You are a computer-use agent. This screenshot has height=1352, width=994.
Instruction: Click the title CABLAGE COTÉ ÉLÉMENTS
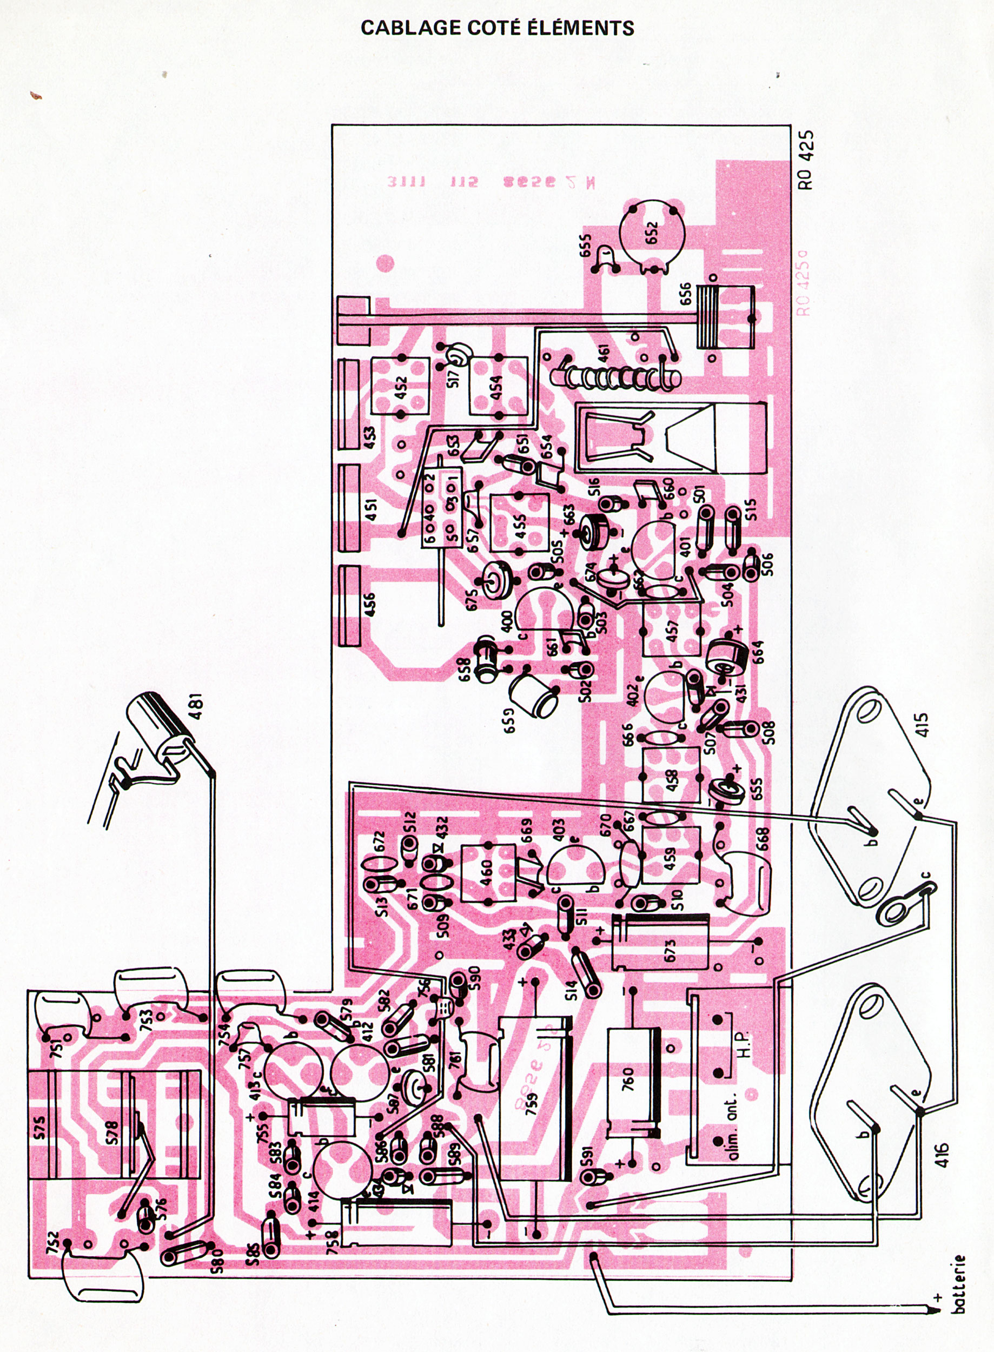[497, 28]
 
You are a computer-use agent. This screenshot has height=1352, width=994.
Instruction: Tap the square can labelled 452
[400, 385]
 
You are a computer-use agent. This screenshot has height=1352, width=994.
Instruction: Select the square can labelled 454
[498, 386]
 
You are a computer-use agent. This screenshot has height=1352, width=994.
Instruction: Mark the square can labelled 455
[520, 522]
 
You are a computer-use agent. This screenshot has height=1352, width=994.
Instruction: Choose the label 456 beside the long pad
[369, 605]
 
